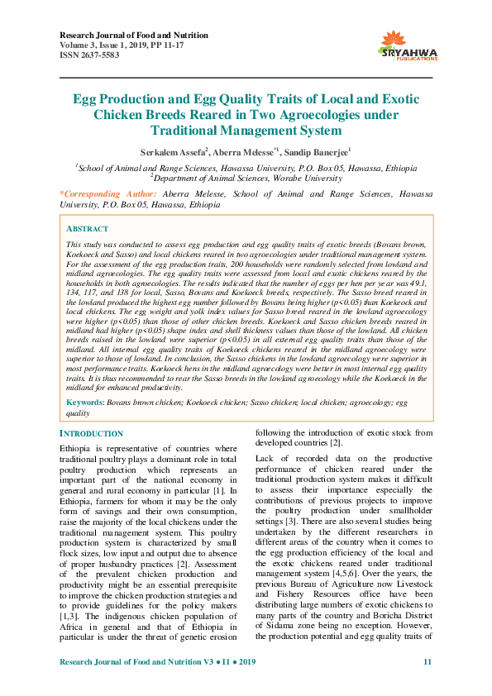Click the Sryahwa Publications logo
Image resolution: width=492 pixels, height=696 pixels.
point(405,45)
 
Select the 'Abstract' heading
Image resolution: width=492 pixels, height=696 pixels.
point(87,228)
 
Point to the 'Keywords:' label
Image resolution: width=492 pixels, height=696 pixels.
point(85,403)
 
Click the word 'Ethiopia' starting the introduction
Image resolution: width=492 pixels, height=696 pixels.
point(75,447)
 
